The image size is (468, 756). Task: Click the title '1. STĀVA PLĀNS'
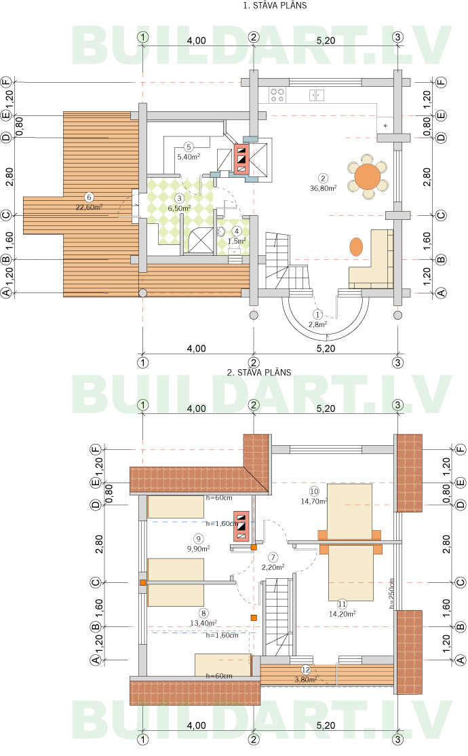pos(275,5)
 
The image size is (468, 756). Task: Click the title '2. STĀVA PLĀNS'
pos(259,372)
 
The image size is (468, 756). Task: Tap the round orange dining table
pos(367,176)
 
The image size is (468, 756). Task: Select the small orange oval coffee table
pos(355,246)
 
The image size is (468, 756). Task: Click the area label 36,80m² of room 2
pos(323,188)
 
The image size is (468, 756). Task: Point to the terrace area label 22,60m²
pos(89,207)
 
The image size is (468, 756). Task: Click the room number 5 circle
pos(189,147)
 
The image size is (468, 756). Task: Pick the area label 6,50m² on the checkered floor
pos(179,208)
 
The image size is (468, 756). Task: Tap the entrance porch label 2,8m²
pos(317,324)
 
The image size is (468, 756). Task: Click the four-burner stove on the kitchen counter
pos(277,95)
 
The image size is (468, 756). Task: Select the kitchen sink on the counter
pos(317,95)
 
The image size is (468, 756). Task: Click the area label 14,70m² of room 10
pos(314,502)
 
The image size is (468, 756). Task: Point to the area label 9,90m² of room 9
pos(198,549)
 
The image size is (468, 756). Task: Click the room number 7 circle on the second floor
pos(273,557)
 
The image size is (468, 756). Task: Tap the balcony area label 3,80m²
pos(306,680)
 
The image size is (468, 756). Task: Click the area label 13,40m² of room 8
pos(203,623)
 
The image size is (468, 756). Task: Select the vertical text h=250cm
pos(392,594)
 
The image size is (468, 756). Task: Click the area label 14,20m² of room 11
pos(343,613)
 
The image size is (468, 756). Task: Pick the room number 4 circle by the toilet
pos(237,231)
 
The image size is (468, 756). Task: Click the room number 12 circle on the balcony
pos(306,670)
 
